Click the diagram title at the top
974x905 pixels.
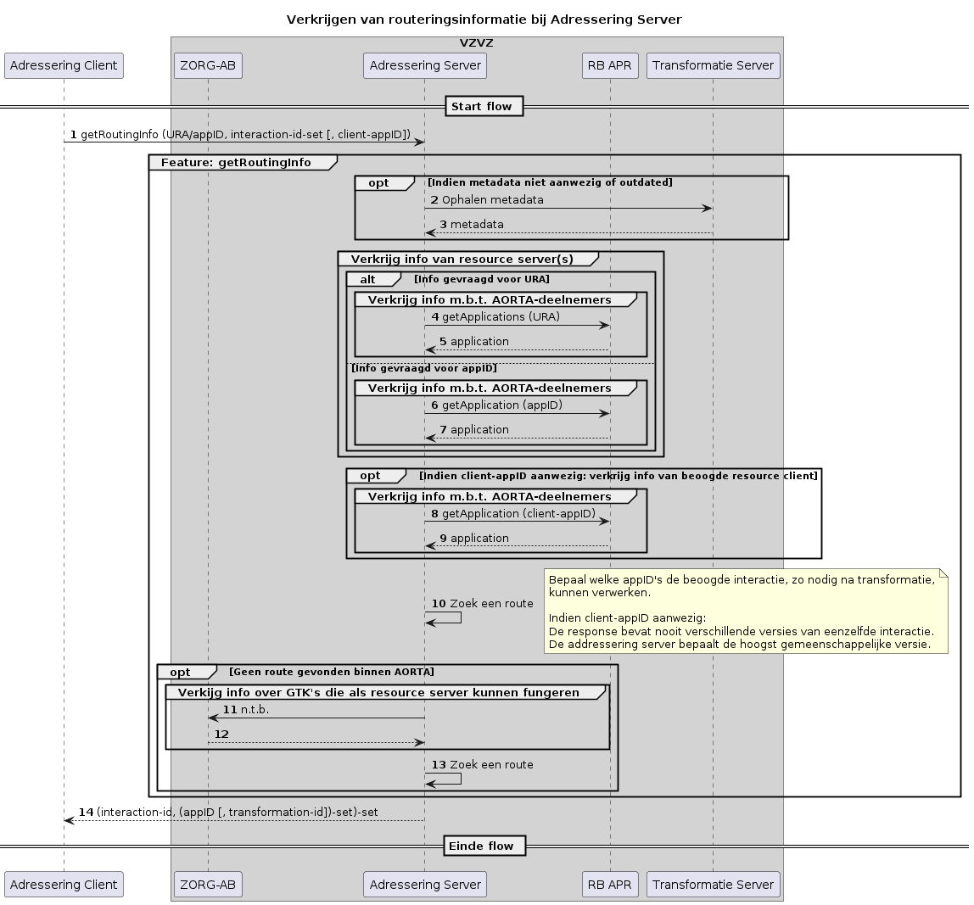(484, 19)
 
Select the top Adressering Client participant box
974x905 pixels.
(64, 65)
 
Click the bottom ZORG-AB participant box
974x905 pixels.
(208, 884)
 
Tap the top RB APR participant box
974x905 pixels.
(610, 65)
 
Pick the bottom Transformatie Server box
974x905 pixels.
(713, 884)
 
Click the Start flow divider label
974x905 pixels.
(481, 106)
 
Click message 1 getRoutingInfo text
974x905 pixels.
(245, 135)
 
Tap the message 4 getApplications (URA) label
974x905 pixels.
(501, 316)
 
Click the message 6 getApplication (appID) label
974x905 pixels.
(501, 405)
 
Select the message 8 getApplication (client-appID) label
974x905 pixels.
(518, 513)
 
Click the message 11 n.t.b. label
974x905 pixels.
(255, 709)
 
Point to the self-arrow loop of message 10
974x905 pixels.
(459, 617)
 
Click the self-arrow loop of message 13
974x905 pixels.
(459, 778)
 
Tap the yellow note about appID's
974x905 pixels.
(745, 611)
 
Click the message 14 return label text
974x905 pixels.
(238, 812)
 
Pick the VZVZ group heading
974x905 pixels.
(476, 42)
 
